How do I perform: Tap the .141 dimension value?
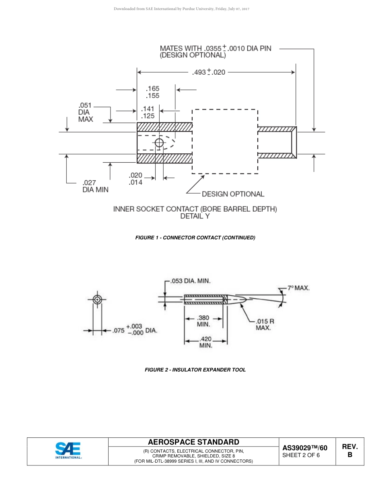click(148, 109)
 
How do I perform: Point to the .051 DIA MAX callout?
click(85, 112)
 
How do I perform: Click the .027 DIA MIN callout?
click(95, 186)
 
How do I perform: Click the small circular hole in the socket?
click(159, 143)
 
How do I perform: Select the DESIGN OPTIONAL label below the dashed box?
click(233, 194)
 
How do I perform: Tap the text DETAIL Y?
click(195, 216)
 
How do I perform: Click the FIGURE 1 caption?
click(195, 238)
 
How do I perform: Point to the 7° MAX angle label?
click(298, 288)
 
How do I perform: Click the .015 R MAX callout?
click(265, 324)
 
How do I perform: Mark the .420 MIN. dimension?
click(205, 342)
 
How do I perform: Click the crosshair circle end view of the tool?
click(97, 300)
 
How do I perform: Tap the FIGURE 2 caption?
click(195, 369)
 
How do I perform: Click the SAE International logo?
click(68, 451)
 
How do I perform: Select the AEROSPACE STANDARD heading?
click(193, 442)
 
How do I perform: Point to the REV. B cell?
click(350, 451)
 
